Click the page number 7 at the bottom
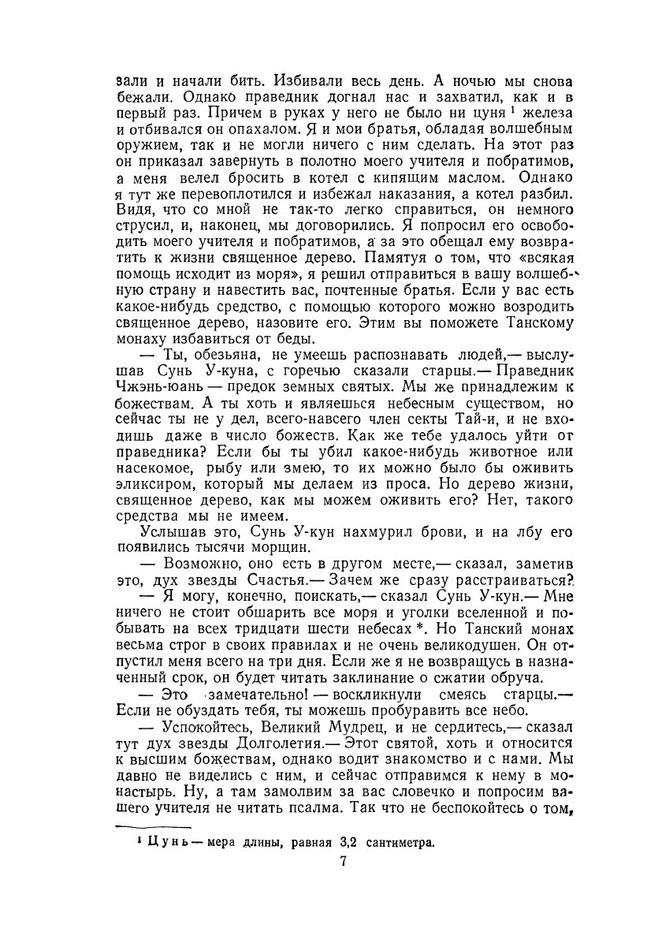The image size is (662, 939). (x=344, y=862)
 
